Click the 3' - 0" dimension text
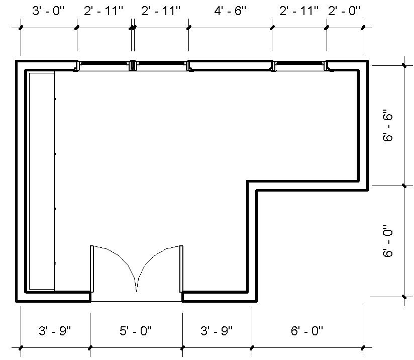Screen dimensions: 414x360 (x=48, y=11)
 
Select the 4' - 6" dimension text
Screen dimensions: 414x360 (x=230, y=11)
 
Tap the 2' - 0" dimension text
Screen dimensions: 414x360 (x=344, y=11)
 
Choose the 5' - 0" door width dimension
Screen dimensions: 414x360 (x=136, y=331)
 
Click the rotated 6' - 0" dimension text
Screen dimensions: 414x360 (x=387, y=241)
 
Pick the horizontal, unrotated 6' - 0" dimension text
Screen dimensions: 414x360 (x=307, y=331)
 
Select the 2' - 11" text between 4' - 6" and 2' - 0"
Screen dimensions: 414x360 (x=299, y=11)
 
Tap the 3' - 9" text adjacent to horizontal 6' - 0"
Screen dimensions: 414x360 (x=217, y=331)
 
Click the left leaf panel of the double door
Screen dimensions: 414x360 (x=92, y=269)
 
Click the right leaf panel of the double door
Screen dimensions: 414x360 (x=181, y=269)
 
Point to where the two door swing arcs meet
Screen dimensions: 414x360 (x=136, y=291)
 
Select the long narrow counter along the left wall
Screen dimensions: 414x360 (x=41, y=181)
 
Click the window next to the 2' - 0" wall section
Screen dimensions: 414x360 (x=299, y=66)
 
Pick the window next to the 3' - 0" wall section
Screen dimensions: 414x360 (x=104, y=66)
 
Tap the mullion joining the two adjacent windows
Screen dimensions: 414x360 (x=133, y=65)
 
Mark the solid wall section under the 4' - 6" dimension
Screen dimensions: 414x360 (x=230, y=65)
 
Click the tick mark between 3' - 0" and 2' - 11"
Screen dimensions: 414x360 (x=77, y=28)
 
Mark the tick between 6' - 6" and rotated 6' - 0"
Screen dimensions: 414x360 (x=404, y=186)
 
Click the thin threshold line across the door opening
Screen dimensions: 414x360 (x=136, y=302)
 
